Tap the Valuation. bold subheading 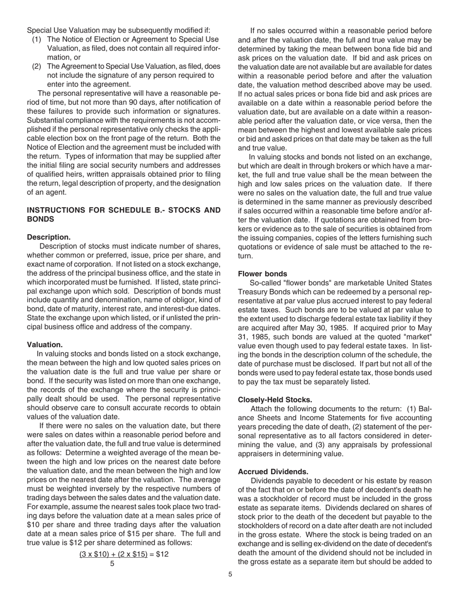pyautogui.click(x=45, y=345)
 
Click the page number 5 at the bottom pyautogui.click(x=230, y=574)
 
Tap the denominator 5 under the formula pyautogui.click(x=112, y=563)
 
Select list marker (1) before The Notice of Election pyautogui.click(x=37, y=39)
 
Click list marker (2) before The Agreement pyautogui.click(x=37, y=66)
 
